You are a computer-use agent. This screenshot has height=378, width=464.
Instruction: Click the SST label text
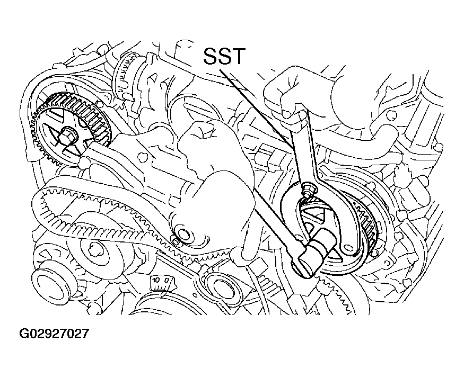click(224, 55)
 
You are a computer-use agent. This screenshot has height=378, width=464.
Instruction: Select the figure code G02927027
click(54, 334)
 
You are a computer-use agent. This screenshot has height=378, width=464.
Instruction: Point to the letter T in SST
click(237, 55)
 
